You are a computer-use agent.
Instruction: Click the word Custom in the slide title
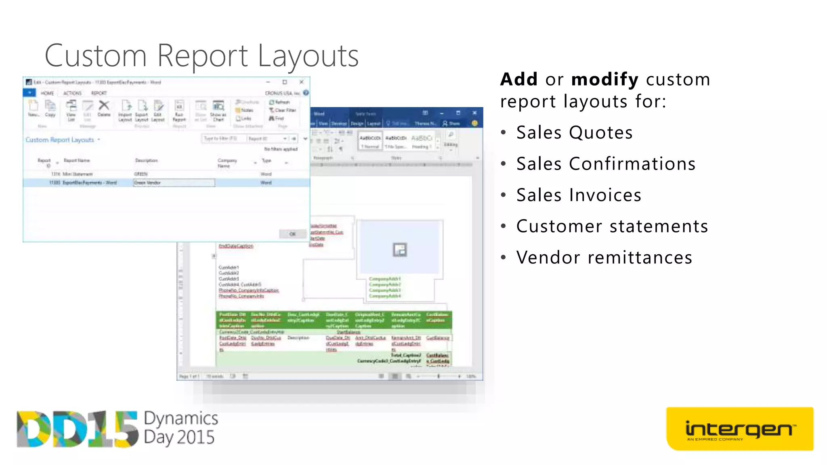[95, 56]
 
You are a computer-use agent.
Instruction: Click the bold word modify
[605, 80]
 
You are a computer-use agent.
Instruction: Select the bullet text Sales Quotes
[574, 133]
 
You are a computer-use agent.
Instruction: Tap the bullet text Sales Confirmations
[606, 164]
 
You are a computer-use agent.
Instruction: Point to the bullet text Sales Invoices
[579, 195]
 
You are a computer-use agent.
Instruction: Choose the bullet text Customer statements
[612, 226]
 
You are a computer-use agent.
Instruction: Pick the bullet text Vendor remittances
[604, 258]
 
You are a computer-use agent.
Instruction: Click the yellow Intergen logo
[739, 429]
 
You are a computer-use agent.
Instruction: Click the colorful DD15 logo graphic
[77, 429]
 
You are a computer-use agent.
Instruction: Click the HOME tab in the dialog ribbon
[47, 93]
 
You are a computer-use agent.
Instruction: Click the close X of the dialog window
[301, 82]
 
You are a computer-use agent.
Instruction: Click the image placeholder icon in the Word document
[400, 250]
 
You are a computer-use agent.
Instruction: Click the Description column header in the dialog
[146, 161]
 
